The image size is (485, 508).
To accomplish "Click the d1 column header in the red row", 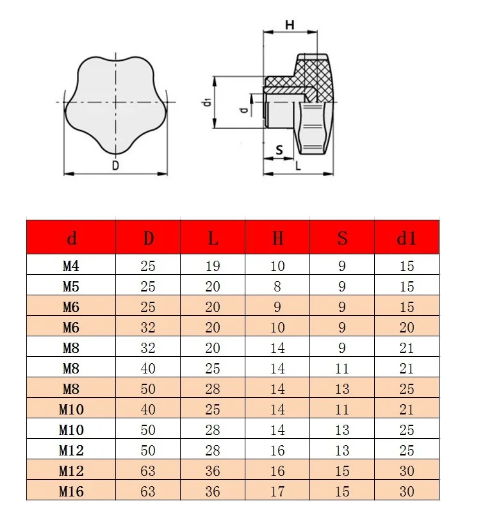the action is coord(407,238).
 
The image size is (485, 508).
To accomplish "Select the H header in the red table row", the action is coord(277,238).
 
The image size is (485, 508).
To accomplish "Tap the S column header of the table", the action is coord(342,238).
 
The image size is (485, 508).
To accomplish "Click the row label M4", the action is coord(71,266).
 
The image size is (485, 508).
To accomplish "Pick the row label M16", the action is coord(71,491).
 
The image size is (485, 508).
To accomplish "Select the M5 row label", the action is coord(71,286).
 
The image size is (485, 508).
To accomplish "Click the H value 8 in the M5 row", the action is coord(277,286).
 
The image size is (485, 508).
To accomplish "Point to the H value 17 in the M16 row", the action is coord(277,491).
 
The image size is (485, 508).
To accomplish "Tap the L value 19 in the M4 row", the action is coord(213,266).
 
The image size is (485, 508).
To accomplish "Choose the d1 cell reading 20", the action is coord(407,327).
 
